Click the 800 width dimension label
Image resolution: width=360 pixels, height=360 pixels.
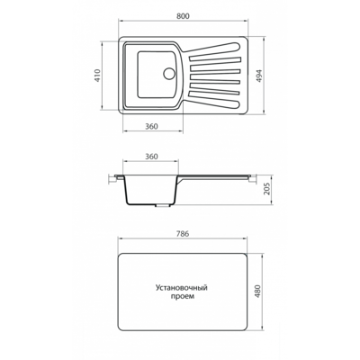tap(183, 16)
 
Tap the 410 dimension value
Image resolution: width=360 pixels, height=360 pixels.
tap(97, 76)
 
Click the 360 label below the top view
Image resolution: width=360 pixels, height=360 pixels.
tap(151, 127)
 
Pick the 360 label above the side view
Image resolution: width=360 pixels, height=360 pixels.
tap(151, 157)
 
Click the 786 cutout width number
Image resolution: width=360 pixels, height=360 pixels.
tap(183, 234)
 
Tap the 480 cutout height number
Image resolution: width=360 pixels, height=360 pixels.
tap(257, 291)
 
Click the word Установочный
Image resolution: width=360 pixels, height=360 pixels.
tap(182, 288)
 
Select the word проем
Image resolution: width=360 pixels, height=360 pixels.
tap(182, 296)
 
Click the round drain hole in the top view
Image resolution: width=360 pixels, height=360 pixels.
tap(169, 74)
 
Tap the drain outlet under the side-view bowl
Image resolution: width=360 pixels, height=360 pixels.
tap(162, 206)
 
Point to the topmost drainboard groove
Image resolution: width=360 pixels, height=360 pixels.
tap(213, 49)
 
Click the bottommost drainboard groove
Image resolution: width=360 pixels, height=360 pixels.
tap(213, 100)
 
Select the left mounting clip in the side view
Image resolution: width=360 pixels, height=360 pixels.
tap(113, 178)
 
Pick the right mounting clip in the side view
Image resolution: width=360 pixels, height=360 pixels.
tap(251, 178)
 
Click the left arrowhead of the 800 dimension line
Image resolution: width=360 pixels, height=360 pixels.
tap(121, 21)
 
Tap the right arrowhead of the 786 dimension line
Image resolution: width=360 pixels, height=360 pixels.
tap(246, 238)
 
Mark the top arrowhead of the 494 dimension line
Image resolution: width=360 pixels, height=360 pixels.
tap(263, 40)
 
